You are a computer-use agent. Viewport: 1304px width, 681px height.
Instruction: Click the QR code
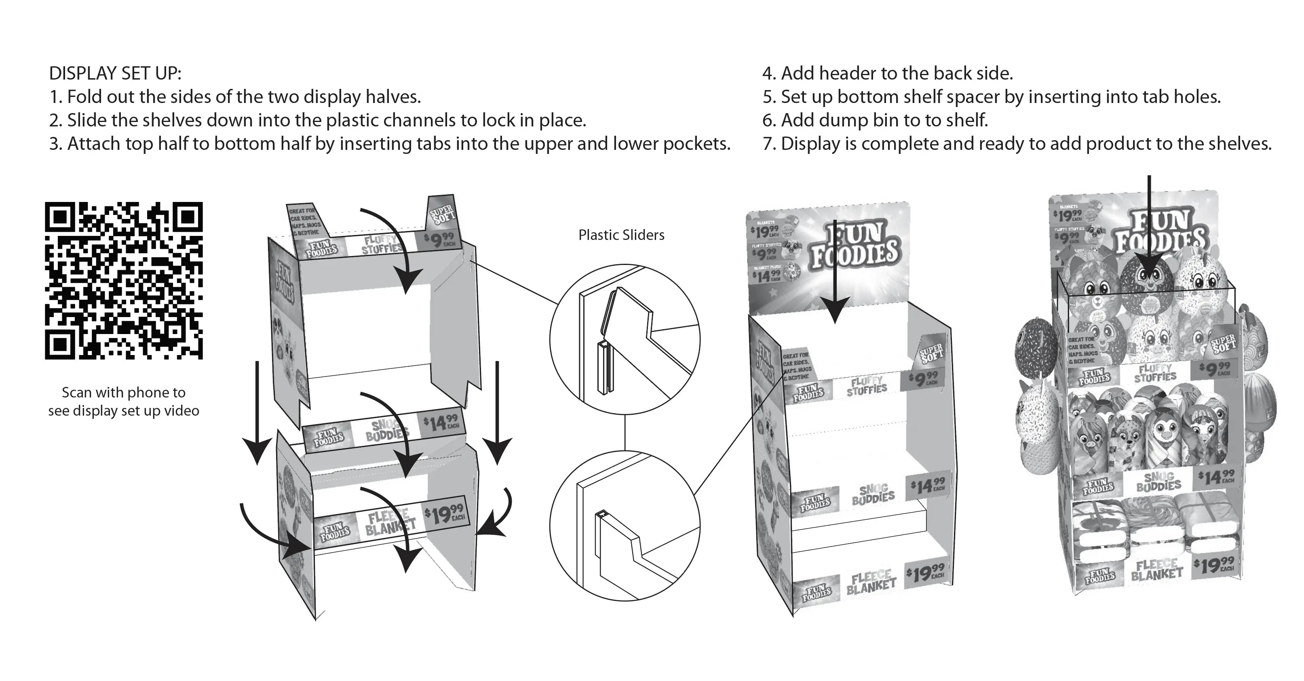click(124, 280)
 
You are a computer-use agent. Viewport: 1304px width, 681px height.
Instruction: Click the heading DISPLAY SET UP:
click(115, 74)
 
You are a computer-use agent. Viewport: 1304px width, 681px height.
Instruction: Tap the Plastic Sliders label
click(621, 235)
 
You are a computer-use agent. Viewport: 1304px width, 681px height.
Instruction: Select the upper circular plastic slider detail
click(625, 339)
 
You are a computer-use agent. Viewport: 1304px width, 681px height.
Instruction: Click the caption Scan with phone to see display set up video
click(124, 401)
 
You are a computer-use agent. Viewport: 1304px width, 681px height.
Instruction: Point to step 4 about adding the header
click(887, 74)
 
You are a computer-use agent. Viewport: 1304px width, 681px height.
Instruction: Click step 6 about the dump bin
click(875, 120)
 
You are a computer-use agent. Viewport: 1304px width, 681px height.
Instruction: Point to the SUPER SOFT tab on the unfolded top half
click(442, 213)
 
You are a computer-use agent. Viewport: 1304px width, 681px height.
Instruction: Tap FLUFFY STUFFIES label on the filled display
click(1155, 373)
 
